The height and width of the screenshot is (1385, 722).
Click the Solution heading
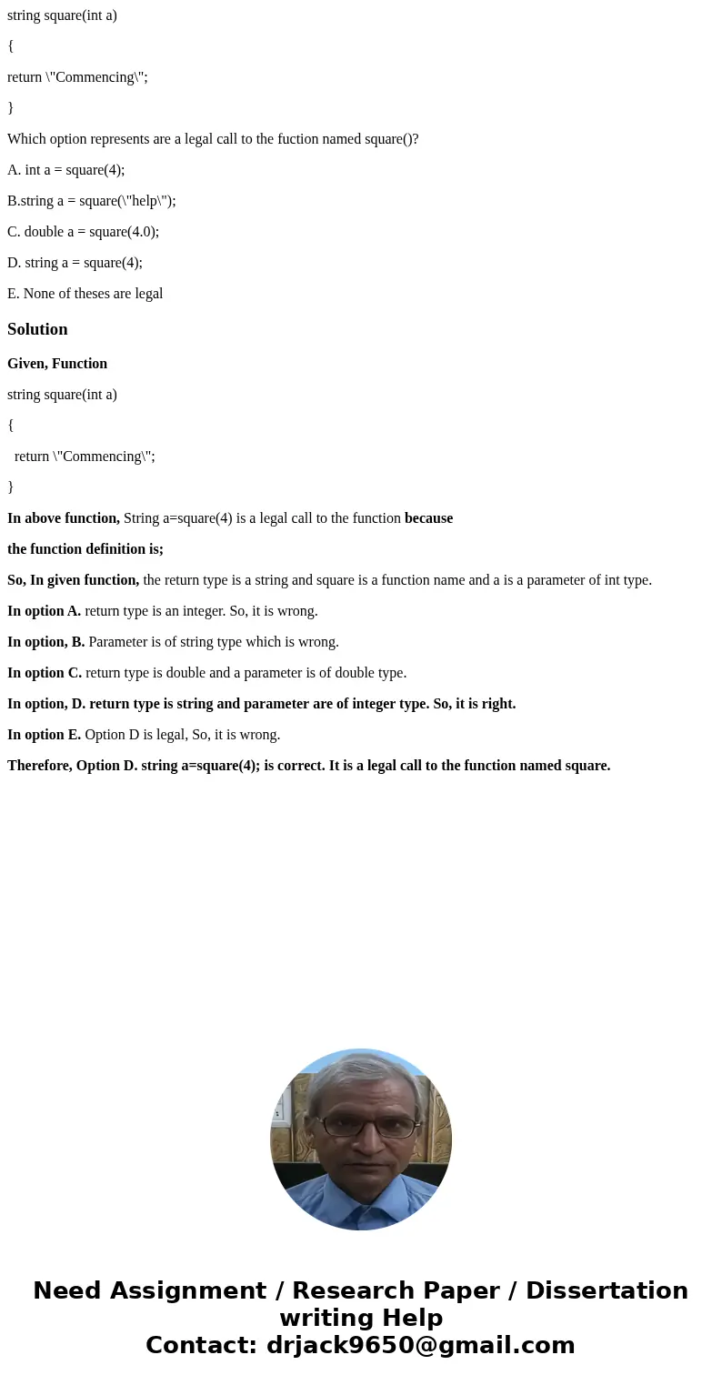[37, 329]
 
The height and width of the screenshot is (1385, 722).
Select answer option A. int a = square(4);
[65, 170]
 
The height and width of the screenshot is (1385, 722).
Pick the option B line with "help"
[91, 201]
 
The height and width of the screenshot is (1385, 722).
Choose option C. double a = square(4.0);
[83, 232]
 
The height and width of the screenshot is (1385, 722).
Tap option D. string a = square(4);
[75, 263]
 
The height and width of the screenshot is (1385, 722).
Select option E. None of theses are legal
[85, 294]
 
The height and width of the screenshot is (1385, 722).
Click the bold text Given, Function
[57, 364]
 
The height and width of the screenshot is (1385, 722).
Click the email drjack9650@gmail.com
[420, 1345]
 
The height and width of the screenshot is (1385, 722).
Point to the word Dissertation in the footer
[607, 1290]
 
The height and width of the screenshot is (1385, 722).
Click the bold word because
[428, 518]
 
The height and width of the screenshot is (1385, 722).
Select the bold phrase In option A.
[44, 611]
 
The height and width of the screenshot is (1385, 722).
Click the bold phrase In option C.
[45, 673]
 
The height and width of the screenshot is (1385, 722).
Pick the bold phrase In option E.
[44, 735]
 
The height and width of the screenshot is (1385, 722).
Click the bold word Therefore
[39, 766]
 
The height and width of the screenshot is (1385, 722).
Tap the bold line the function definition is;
[85, 549]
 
